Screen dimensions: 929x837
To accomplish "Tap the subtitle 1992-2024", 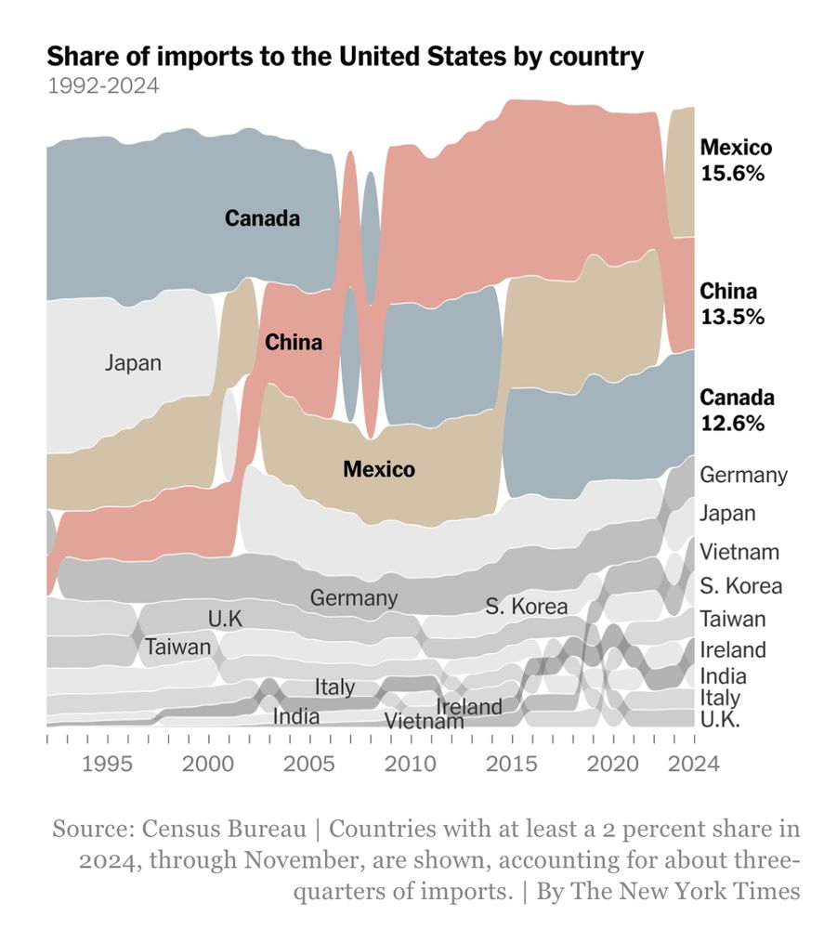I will click(102, 86).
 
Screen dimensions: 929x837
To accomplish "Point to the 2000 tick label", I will click(207, 765).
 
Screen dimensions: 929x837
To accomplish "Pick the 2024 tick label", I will click(694, 765).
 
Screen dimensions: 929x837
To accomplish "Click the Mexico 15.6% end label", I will click(736, 160).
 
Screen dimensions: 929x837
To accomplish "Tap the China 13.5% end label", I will click(732, 304).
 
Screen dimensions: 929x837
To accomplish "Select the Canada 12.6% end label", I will click(737, 411).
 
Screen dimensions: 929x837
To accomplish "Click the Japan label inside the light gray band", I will click(133, 363).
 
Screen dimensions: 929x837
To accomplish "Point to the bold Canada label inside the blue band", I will click(263, 219).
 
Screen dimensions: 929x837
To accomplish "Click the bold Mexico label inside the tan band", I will click(379, 469).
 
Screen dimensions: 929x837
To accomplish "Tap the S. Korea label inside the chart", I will click(526, 608).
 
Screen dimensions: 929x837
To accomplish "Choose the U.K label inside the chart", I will click(226, 618).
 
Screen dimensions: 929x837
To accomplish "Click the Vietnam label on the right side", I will click(739, 552).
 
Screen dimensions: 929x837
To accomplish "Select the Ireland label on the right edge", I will click(733, 649).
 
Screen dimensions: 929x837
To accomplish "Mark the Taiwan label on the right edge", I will click(733, 619).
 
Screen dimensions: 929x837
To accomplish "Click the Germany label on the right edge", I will click(743, 476).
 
